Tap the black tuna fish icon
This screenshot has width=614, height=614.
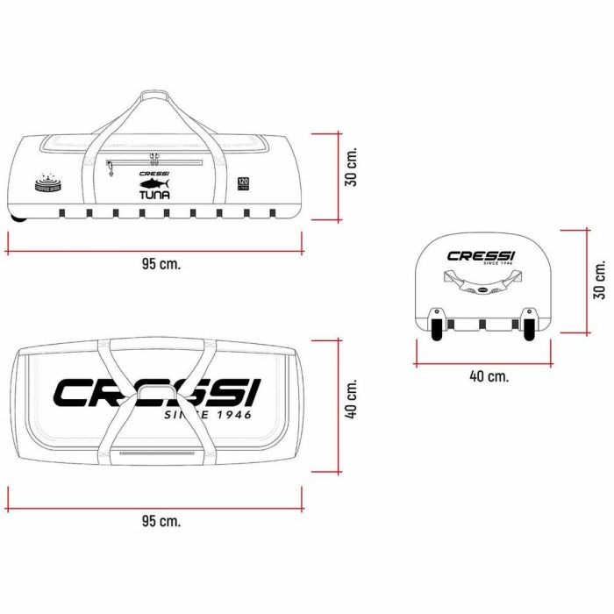click(x=154, y=184)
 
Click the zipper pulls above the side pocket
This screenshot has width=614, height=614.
click(x=153, y=158)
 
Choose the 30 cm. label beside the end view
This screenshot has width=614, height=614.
click(x=600, y=279)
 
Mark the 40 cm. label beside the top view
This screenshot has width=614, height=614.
click(x=352, y=399)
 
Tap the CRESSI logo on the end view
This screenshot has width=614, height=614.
click(x=482, y=256)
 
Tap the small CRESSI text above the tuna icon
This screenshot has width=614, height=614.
click(x=154, y=173)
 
